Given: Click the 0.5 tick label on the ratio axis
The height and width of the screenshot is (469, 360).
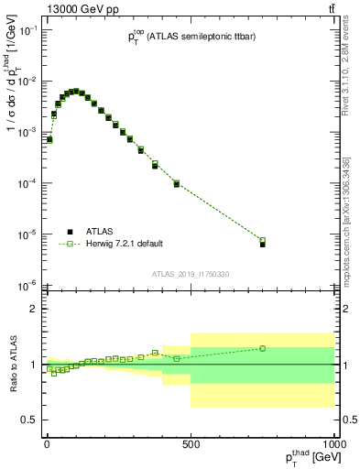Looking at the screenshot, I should pos(29,420).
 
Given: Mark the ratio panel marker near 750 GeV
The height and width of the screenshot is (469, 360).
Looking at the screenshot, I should pos(262,348).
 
